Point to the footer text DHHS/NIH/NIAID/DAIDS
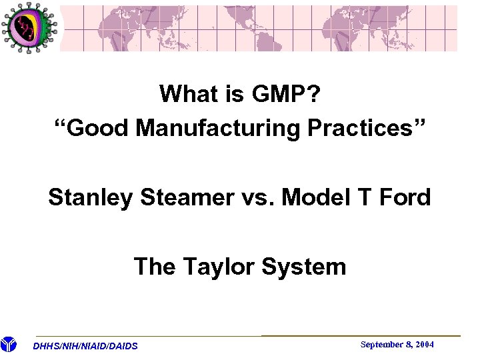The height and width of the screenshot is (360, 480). (x=85, y=346)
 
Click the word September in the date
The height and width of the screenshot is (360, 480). (x=381, y=345)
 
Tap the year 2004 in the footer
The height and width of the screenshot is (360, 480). (x=423, y=345)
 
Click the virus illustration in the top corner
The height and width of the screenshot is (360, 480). (x=28, y=27)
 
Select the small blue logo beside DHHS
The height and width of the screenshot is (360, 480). (x=8, y=345)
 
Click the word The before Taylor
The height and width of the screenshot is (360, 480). (x=155, y=267)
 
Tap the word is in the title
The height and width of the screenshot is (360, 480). (x=233, y=94)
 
